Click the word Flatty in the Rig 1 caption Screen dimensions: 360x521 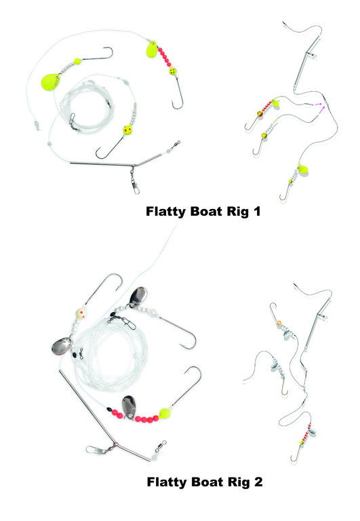[x=166, y=212]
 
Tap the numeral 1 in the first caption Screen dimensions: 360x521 [x=256, y=212]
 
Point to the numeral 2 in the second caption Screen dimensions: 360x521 [x=258, y=482]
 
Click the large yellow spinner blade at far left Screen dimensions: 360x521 [x=49, y=80]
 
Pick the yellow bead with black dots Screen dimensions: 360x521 [x=173, y=71]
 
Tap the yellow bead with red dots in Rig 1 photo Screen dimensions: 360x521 [x=127, y=130]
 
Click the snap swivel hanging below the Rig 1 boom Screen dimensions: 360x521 [x=134, y=180]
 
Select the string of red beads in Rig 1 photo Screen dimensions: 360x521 [x=165, y=57]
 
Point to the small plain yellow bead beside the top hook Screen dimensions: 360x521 [x=77, y=61]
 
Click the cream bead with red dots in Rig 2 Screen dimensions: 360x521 [x=81, y=313]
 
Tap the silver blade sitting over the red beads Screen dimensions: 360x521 [x=129, y=406]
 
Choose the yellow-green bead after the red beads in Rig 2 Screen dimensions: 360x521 [x=165, y=413]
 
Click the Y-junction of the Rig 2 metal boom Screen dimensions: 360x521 [x=115, y=444]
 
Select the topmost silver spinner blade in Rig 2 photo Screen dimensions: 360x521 [x=138, y=296]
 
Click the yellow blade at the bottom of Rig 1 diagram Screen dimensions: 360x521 [x=303, y=170]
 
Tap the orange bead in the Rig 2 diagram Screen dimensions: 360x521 [x=279, y=323]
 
